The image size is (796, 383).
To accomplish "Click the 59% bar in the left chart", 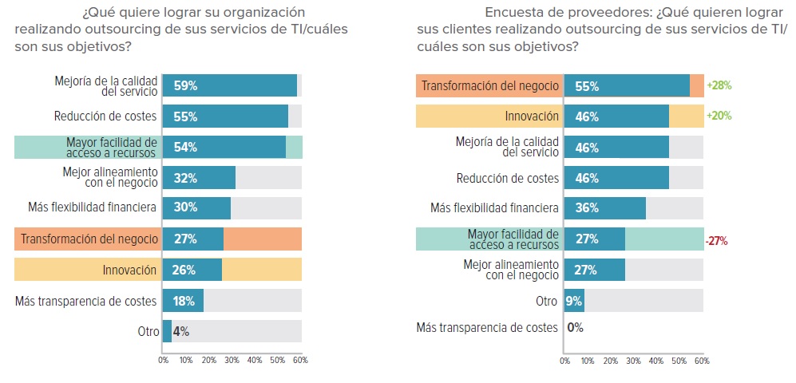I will pyautogui.click(x=230, y=86).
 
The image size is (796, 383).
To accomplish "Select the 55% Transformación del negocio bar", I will pyautogui.click(x=627, y=86).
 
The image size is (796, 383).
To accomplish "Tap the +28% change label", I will pyautogui.click(x=719, y=85).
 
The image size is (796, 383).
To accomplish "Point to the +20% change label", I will pyautogui.click(x=719, y=116).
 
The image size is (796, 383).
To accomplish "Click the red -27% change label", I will pyautogui.click(x=717, y=240).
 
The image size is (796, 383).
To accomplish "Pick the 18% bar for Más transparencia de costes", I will pyautogui.click(x=183, y=301).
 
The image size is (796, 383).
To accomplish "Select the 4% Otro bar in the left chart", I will pyautogui.click(x=167, y=331).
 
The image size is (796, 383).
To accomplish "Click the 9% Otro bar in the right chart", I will pyautogui.click(x=575, y=302).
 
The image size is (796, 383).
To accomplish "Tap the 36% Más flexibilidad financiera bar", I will pyautogui.click(x=605, y=208).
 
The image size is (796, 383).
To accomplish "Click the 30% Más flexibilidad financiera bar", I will pyautogui.click(x=196, y=208).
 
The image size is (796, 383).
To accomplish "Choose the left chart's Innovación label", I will pyautogui.click(x=129, y=270).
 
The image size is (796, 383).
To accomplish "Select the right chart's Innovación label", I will pyautogui.click(x=531, y=116).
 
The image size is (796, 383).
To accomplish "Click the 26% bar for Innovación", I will pyautogui.click(x=192, y=270).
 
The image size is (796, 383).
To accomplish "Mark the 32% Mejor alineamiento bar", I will pyautogui.click(x=199, y=177).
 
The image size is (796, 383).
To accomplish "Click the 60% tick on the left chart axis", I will pyautogui.click(x=300, y=360).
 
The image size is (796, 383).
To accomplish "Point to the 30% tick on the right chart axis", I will pyautogui.click(x=633, y=361).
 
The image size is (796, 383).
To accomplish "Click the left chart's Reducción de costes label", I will pyautogui.click(x=105, y=116).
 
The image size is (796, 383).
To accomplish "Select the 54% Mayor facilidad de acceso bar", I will pyautogui.click(x=224, y=147).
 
